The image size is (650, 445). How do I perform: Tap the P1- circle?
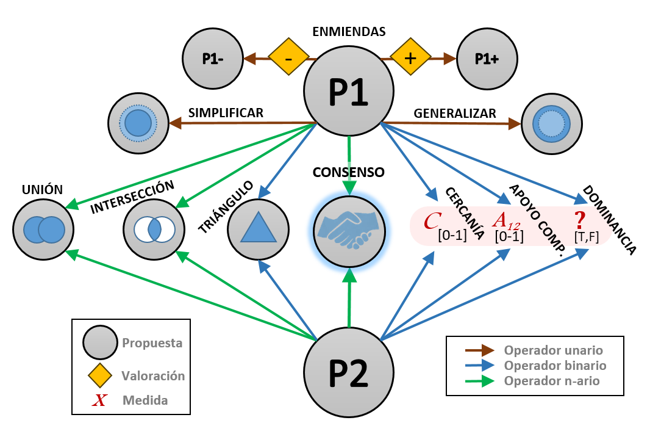[212, 59]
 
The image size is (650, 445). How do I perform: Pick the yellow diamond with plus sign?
[410, 59]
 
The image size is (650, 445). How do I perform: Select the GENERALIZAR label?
[455, 113]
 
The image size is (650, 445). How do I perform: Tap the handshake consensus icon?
[349, 230]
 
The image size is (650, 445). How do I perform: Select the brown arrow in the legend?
[480, 350]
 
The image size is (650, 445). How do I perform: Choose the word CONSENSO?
[349, 172]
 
